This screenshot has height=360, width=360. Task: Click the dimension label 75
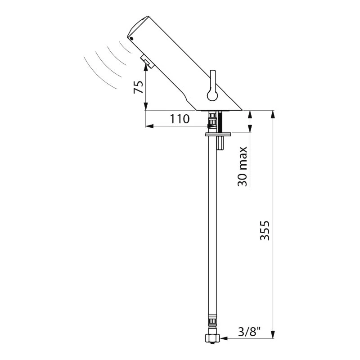pyautogui.click(x=139, y=87)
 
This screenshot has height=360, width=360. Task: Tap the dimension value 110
pyautogui.click(x=180, y=119)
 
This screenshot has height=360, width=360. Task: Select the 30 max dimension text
pyautogui.click(x=243, y=166)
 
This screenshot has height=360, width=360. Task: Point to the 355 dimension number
pyautogui.click(x=265, y=230)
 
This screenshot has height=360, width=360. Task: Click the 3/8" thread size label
pyautogui.click(x=250, y=332)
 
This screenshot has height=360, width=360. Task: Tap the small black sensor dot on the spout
pyautogui.click(x=131, y=39)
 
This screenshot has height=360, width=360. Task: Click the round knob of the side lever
pyautogui.click(x=212, y=95)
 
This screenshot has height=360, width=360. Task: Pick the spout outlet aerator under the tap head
pyautogui.click(x=147, y=62)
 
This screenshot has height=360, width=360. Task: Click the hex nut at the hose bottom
pyautogui.click(x=212, y=338)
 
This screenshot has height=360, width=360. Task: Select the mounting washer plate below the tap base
pyautogui.click(x=218, y=134)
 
